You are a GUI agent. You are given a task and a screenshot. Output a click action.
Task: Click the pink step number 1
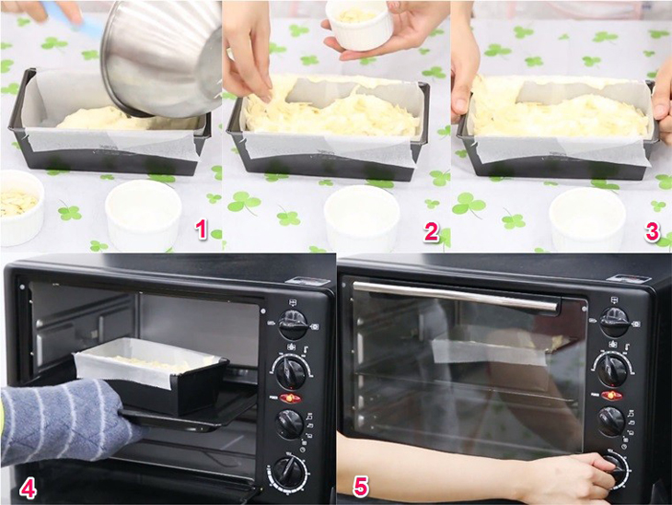pyautogui.click(x=202, y=229)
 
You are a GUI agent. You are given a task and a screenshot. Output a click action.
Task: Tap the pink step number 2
pyautogui.click(x=431, y=231)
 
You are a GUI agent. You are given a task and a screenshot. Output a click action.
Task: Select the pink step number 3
pyautogui.click(x=652, y=231)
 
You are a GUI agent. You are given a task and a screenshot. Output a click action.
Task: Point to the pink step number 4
pyautogui.click(x=28, y=488)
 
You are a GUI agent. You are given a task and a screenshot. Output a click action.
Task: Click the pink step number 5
pyautogui.click(x=361, y=487)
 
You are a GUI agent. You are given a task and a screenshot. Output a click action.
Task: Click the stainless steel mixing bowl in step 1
pyautogui.click(x=162, y=58)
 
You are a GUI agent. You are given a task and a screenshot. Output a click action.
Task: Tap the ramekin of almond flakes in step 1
pyautogui.click(x=19, y=206)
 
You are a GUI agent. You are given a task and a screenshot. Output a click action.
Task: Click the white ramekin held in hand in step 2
pyautogui.click(x=359, y=25)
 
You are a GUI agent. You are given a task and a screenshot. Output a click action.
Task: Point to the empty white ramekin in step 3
pyautogui.click(x=587, y=219)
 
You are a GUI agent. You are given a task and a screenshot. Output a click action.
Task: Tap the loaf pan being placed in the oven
pyautogui.click(x=151, y=374)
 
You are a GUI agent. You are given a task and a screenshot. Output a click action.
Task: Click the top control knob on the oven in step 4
pyautogui.click(x=293, y=324)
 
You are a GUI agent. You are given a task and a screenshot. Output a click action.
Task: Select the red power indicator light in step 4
pyautogui.click(x=290, y=398)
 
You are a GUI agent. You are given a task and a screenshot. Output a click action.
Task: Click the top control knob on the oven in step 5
pyautogui.click(x=615, y=322)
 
